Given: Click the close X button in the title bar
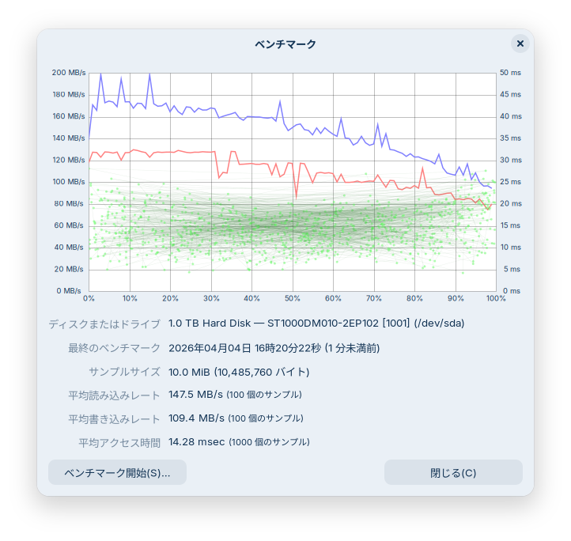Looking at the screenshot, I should [x=520, y=44].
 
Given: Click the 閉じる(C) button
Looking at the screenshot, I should [x=453, y=473].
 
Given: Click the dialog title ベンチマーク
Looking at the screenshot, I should [x=285, y=44].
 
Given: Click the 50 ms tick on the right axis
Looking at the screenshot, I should [x=510, y=73].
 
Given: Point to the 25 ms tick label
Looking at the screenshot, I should [x=510, y=182].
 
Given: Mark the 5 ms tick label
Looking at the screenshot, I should [x=512, y=269].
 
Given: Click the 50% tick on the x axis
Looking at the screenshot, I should [x=293, y=299].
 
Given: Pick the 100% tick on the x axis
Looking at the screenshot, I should [x=495, y=299].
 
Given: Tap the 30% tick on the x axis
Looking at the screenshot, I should [x=211, y=299].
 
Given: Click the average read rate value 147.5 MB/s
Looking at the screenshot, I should [x=196, y=394].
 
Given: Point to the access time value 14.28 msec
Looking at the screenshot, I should [x=197, y=441].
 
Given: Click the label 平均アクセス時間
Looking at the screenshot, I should [x=119, y=442].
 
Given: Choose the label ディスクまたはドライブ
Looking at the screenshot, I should [x=104, y=324].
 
